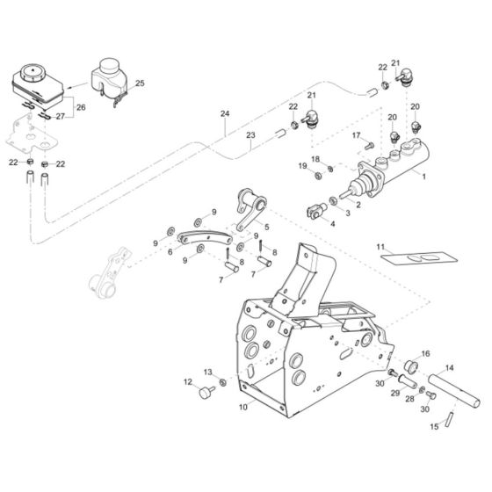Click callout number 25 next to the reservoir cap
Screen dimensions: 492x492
pyautogui.click(x=140, y=83)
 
